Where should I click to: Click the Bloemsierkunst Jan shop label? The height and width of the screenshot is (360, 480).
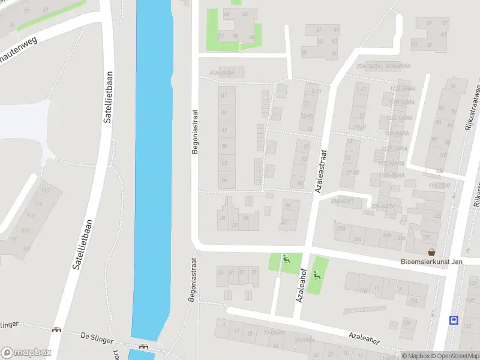click(440, 262)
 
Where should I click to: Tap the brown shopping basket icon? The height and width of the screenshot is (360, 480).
click(431, 253)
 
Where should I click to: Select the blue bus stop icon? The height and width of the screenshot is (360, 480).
click(454, 320)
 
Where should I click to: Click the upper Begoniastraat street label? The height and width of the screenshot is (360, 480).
click(194, 131)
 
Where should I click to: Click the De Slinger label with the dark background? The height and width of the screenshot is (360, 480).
click(97, 338)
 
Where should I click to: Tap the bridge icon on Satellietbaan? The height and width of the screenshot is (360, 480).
click(57, 329)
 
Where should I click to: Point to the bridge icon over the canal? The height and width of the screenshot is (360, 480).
click(144, 346)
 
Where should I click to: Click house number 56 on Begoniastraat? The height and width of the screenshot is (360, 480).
click(224, 179)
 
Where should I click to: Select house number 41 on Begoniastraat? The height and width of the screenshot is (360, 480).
click(224, 95)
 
